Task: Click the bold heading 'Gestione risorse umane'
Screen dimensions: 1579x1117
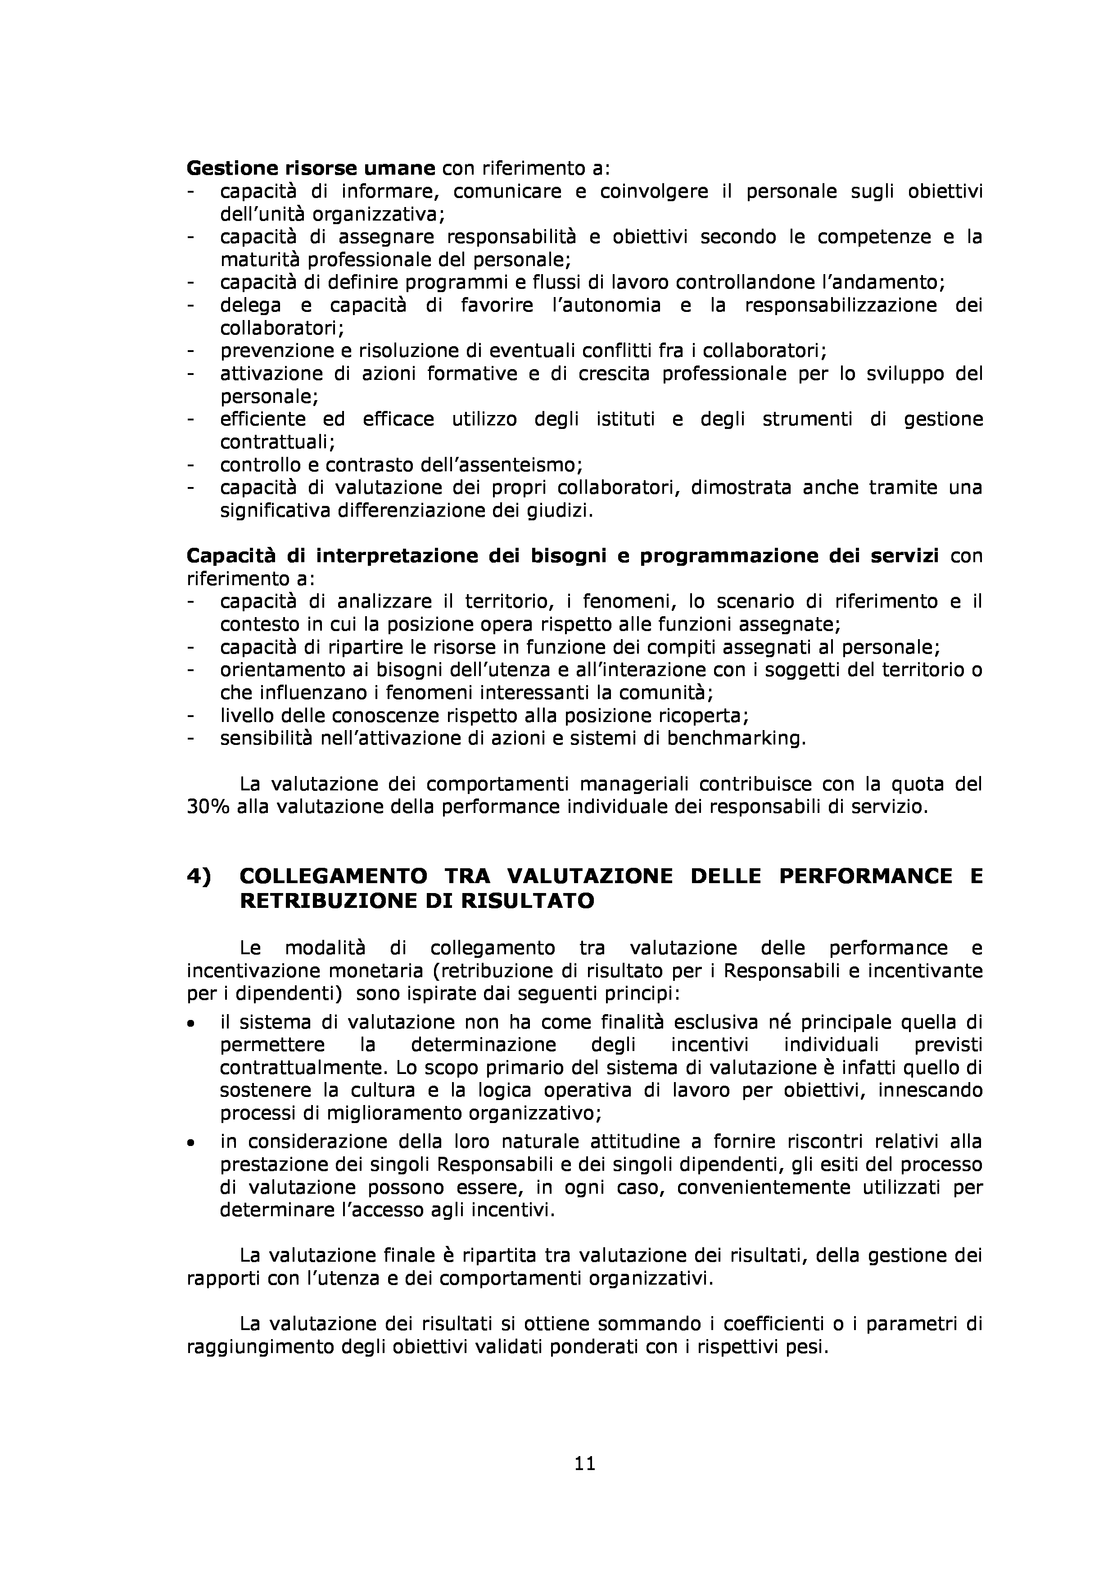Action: (x=311, y=168)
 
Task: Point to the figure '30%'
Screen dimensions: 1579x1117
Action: (x=207, y=807)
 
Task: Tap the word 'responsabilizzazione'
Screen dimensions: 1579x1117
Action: (x=841, y=305)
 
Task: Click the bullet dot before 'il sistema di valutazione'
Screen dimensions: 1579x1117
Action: (x=190, y=1024)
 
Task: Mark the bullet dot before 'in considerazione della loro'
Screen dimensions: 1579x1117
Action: (x=190, y=1143)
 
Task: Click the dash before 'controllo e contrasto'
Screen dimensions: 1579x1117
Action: (x=190, y=465)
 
